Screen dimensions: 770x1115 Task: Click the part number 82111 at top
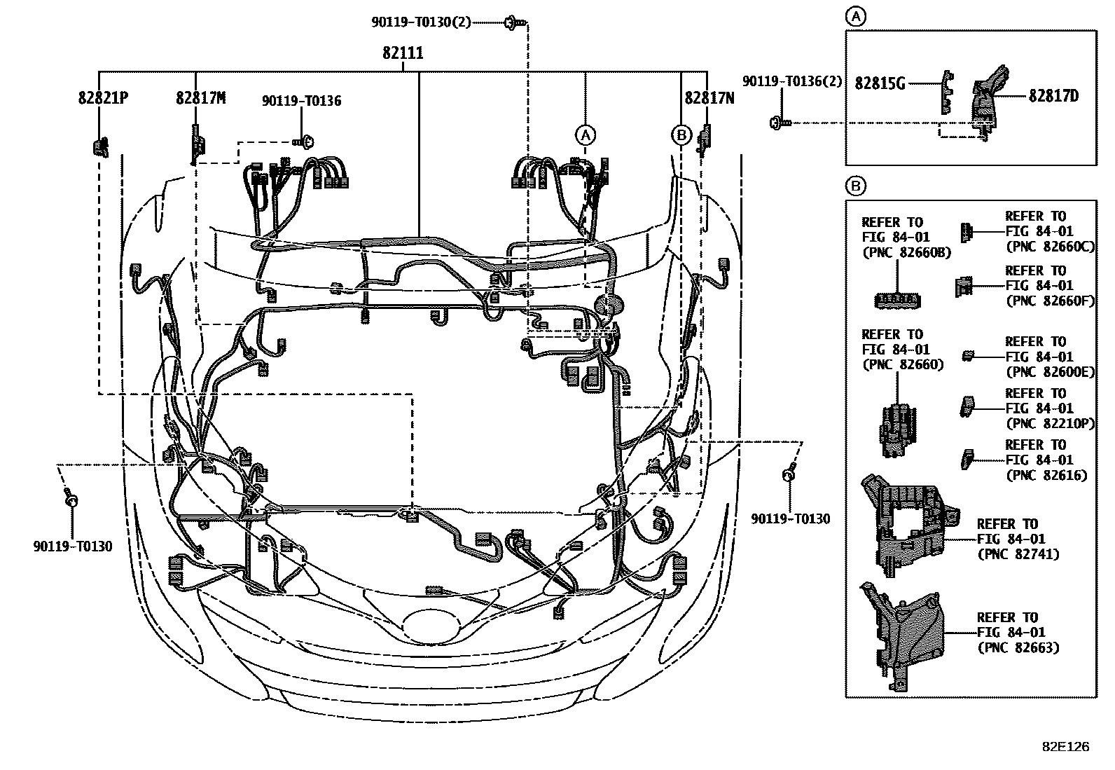click(403, 53)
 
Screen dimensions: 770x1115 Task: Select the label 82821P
click(103, 98)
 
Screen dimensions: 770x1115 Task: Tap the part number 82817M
click(200, 98)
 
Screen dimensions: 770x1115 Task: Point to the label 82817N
click(709, 98)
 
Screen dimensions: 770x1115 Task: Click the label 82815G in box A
click(880, 83)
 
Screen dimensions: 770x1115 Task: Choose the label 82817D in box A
click(1053, 95)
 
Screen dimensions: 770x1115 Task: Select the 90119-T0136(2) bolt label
click(792, 82)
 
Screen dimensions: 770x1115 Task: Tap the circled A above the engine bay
click(586, 134)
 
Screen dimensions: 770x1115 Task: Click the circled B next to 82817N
click(681, 134)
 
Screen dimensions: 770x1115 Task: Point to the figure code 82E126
click(1065, 747)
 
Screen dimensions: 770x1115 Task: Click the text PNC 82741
click(1018, 554)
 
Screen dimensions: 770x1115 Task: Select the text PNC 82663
click(1018, 647)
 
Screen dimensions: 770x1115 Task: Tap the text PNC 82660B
click(906, 253)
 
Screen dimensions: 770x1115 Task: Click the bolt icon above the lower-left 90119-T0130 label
click(71, 500)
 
